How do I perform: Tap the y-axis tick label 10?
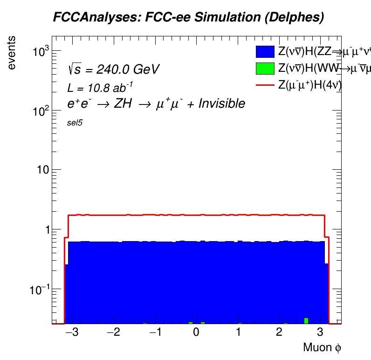42,170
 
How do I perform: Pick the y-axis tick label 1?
46,229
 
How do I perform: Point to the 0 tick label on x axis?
197,332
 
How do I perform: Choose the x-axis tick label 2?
279,332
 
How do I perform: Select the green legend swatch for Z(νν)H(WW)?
264,69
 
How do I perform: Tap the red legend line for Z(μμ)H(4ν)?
264,85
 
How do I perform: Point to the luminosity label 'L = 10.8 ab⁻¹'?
100,87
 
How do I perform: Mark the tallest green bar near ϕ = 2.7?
306,321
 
